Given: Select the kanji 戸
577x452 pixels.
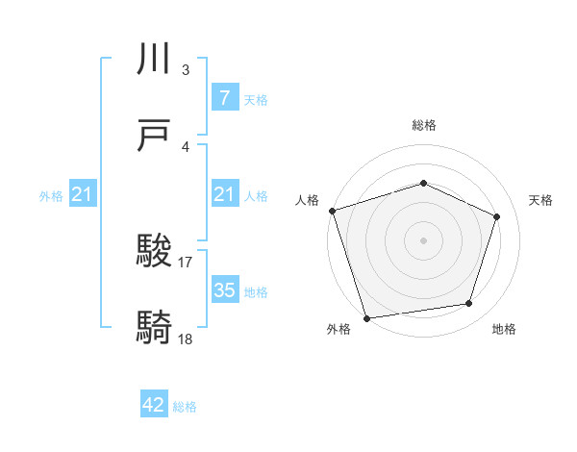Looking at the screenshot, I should coord(156,136).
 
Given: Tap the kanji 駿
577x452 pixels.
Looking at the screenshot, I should coord(156,253).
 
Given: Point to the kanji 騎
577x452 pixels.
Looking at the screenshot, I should coord(156,328).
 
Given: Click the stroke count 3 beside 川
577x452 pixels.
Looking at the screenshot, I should coord(186,70).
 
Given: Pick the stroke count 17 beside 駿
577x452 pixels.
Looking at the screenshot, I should coord(186,261).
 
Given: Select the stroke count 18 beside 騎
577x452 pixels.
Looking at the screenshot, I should coord(186,338).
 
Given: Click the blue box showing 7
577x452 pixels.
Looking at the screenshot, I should coord(224,98).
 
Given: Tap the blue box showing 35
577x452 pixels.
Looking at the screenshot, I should coord(224,290).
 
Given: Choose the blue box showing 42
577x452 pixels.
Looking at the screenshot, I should coord(154,405).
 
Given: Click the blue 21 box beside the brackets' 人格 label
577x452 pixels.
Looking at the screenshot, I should coord(224,195).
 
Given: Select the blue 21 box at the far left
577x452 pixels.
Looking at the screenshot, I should coord(83,195).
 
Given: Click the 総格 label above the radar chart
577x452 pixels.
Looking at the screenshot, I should coord(424,125).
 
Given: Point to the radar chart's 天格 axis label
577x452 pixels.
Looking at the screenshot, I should coord(540,200).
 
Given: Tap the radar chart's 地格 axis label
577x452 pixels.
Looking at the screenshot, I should coord(504,329).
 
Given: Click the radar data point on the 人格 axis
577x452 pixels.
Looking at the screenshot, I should coord(332,211).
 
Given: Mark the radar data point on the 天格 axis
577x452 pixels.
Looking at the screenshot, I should coord(497,216).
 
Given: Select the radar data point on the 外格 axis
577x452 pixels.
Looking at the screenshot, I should coord(366,317).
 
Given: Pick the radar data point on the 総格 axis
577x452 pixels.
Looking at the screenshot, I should coord(424,183).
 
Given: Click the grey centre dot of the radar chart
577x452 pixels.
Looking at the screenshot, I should coord(424,239).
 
